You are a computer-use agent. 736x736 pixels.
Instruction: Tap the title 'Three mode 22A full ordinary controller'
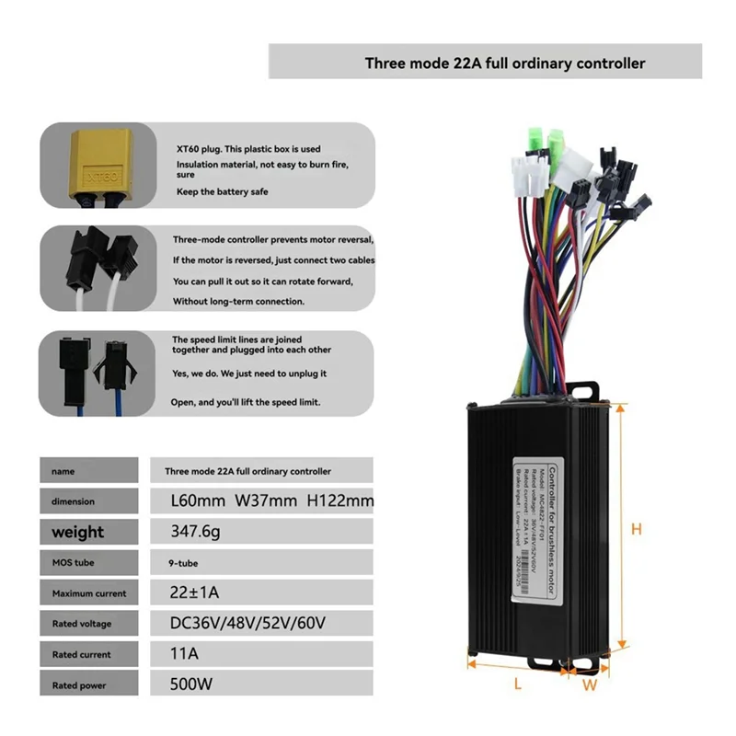(x=504, y=63)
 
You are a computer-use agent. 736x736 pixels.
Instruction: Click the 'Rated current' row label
(x=82, y=654)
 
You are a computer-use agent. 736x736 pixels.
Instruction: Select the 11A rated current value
(x=185, y=654)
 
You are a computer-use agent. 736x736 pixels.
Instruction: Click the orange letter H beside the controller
(x=636, y=529)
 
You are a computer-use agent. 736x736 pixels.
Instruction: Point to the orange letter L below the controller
(x=517, y=684)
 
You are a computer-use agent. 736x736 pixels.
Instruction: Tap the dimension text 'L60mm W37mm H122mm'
(x=272, y=500)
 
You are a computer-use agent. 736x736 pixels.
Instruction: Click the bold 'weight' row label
(x=78, y=531)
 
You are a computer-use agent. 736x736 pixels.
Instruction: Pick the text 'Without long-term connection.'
(x=238, y=301)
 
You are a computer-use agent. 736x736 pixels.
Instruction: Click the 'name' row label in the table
(x=63, y=470)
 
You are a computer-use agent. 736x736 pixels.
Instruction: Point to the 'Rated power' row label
(x=79, y=685)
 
